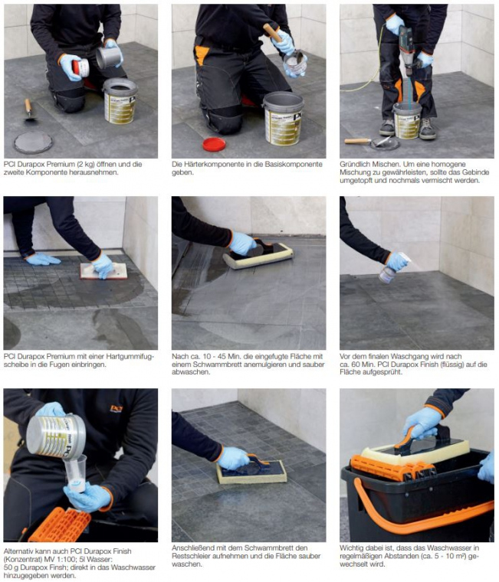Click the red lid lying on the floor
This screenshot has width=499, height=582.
click(x=214, y=144)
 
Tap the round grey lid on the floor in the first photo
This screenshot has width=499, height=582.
click(x=33, y=142)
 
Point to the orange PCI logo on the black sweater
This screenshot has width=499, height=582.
click(x=117, y=409)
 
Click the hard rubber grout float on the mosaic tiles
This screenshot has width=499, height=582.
click(x=103, y=271)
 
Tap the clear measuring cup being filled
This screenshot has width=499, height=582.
click(x=75, y=473)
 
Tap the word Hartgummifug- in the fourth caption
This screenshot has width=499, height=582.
click(x=130, y=356)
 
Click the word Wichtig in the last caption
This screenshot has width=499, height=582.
click(x=351, y=548)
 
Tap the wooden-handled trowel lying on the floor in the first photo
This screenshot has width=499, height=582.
click(x=29, y=110)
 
